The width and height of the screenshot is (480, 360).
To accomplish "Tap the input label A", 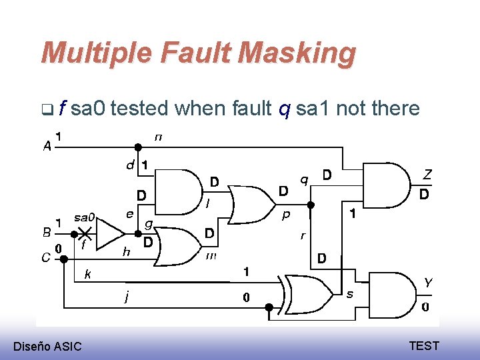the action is pos(47,146).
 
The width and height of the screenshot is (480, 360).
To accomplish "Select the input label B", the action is pos(47,232).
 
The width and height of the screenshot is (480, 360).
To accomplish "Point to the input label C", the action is pos(46,257).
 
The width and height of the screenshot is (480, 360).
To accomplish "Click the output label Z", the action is pos(427,174).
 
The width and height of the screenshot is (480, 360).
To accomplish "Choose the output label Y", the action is pos(427,283).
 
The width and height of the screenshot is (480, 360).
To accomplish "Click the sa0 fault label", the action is pos(85,217).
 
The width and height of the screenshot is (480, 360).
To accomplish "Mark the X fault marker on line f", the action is pos(85,231).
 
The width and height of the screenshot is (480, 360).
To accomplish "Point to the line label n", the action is pos(158,137).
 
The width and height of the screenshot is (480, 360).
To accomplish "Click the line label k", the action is pos(87,274).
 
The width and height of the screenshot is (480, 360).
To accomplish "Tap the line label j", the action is pos(127,297).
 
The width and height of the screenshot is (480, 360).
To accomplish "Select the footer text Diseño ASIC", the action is pos(47,346).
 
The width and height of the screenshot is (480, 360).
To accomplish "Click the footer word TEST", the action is pos(424,345).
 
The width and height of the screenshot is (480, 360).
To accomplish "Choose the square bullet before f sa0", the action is pos(45,108).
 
